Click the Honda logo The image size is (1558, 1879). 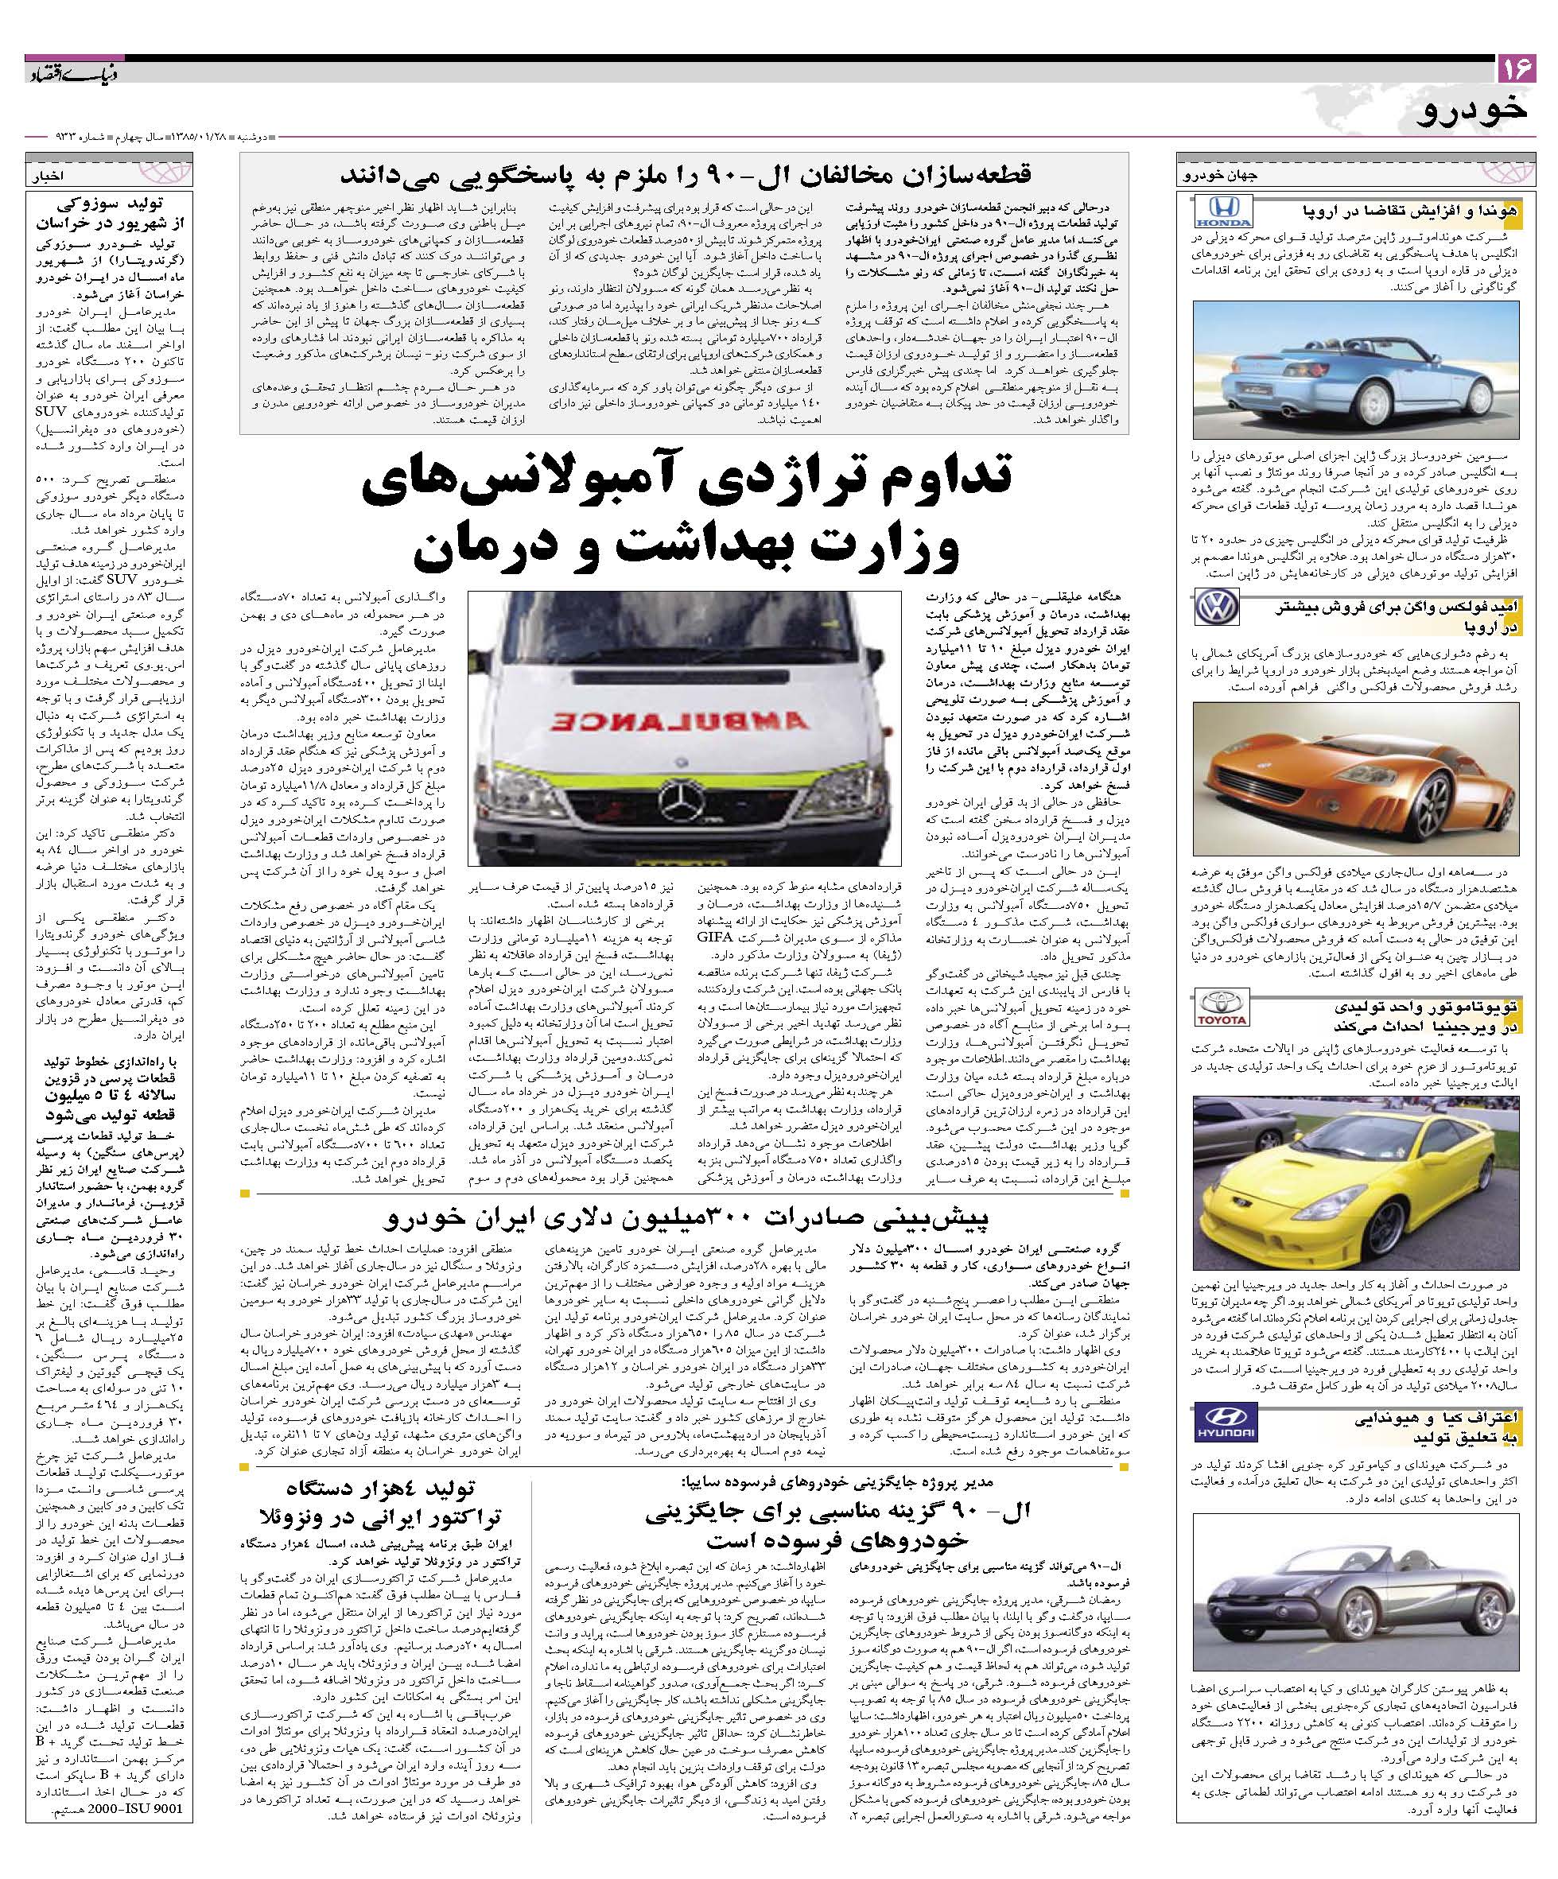[1224, 213]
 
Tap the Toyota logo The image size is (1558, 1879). [1222, 1008]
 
